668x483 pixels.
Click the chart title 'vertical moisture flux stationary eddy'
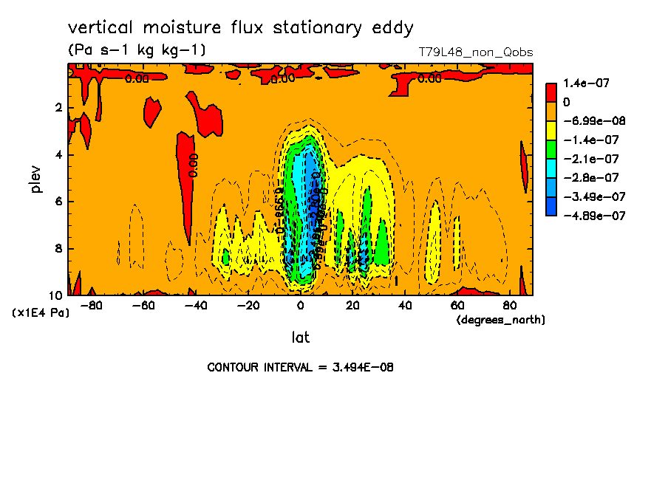(x=240, y=28)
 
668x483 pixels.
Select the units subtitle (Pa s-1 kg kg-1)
(x=137, y=50)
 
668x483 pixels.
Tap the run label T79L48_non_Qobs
(x=475, y=52)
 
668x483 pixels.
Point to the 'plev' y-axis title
(x=36, y=179)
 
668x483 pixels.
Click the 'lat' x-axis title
(x=300, y=338)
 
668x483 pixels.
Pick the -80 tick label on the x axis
(x=92, y=305)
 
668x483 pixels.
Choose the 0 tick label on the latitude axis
(x=300, y=305)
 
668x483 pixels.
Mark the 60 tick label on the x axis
(x=457, y=305)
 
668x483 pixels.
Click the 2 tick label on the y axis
(x=58, y=108)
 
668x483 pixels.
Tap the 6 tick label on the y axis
(x=58, y=202)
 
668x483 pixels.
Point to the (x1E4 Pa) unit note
(x=41, y=313)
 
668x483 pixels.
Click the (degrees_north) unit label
(x=501, y=319)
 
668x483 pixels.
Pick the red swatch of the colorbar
(x=551, y=92)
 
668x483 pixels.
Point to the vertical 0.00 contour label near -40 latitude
(x=194, y=165)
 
